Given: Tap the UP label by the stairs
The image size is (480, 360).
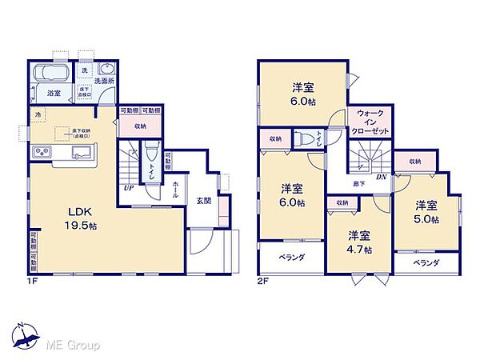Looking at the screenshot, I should click(x=128, y=189).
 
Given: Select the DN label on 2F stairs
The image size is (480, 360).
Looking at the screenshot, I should click(x=382, y=178).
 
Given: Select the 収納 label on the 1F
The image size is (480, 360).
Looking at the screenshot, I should click(x=139, y=125).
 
